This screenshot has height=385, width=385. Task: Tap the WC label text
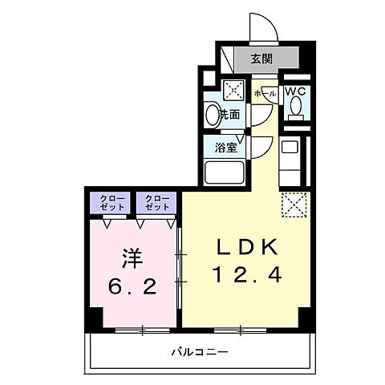coord(294,91)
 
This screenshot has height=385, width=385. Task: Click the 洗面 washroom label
coord(229,115)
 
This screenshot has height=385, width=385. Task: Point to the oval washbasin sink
coord(212,114)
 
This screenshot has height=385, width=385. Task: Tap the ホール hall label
coord(265,94)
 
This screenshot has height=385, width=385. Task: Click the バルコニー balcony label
coord(200,351)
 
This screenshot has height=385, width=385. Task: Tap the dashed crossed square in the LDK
coord(294,205)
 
